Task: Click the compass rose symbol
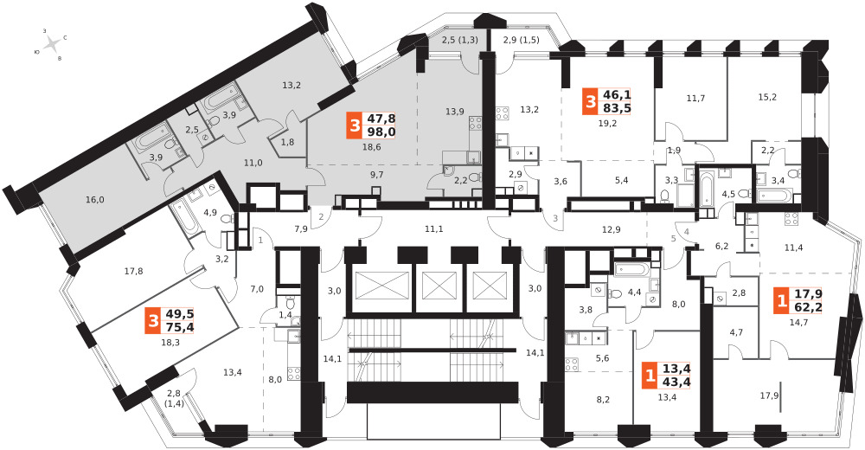coord(51,43)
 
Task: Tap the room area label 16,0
coord(95,200)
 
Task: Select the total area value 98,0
coord(380,132)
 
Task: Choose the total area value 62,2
coord(808,306)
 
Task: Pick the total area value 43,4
coord(677,382)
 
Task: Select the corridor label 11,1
coord(434,228)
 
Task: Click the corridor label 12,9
coord(612,229)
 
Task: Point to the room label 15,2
coord(767,97)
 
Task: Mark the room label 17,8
coord(133,271)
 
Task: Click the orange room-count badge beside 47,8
coord(353,126)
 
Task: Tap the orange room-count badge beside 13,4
coord(650,376)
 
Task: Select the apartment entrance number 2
coord(321,215)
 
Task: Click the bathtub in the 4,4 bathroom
coord(633,269)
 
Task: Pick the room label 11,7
coord(695,99)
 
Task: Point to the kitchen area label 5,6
coord(602,357)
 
